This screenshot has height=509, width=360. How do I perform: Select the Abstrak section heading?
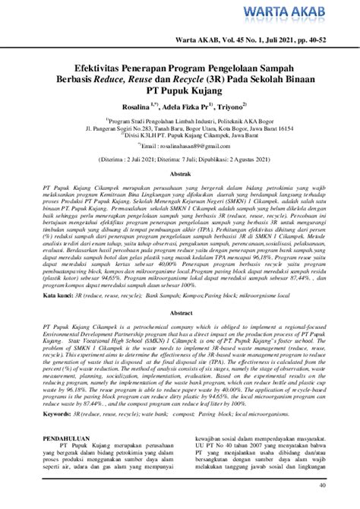[180, 175]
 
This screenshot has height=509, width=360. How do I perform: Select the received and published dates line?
[180, 160]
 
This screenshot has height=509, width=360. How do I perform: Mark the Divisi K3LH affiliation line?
[180, 136]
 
